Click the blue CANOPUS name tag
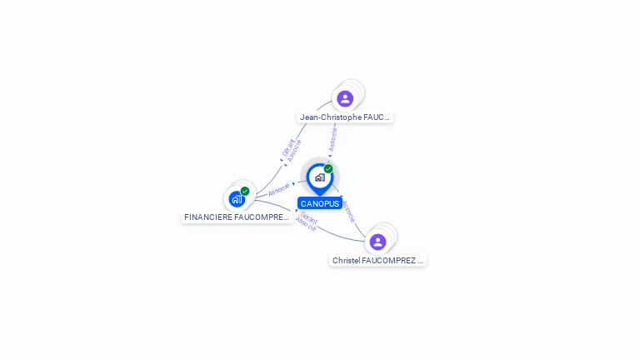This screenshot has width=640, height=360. click(x=320, y=203)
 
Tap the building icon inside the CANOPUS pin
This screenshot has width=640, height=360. click(x=319, y=177)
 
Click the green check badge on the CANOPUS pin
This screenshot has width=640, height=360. click(x=328, y=168)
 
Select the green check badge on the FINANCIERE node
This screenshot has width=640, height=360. click(x=245, y=191)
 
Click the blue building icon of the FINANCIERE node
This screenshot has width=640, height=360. click(x=237, y=199)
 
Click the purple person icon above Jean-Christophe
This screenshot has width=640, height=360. click(x=345, y=98)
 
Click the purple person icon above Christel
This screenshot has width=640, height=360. click(x=377, y=242)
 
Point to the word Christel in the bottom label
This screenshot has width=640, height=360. click(x=346, y=261)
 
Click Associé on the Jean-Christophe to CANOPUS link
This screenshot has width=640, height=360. click(x=333, y=138)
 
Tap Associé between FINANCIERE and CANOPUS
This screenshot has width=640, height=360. click(x=279, y=189)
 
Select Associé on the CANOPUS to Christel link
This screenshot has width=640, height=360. click(x=348, y=211)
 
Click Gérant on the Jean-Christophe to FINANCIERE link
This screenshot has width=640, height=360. click(x=287, y=147)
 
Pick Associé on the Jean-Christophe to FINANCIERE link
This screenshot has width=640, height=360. click(x=294, y=150)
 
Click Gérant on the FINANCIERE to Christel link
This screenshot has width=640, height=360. click(x=308, y=218)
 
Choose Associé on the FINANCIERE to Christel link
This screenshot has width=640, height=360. click(x=306, y=225)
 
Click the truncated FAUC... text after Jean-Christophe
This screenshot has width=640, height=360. click(x=377, y=117)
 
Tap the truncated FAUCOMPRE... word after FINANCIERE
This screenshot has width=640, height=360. click(x=262, y=217)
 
